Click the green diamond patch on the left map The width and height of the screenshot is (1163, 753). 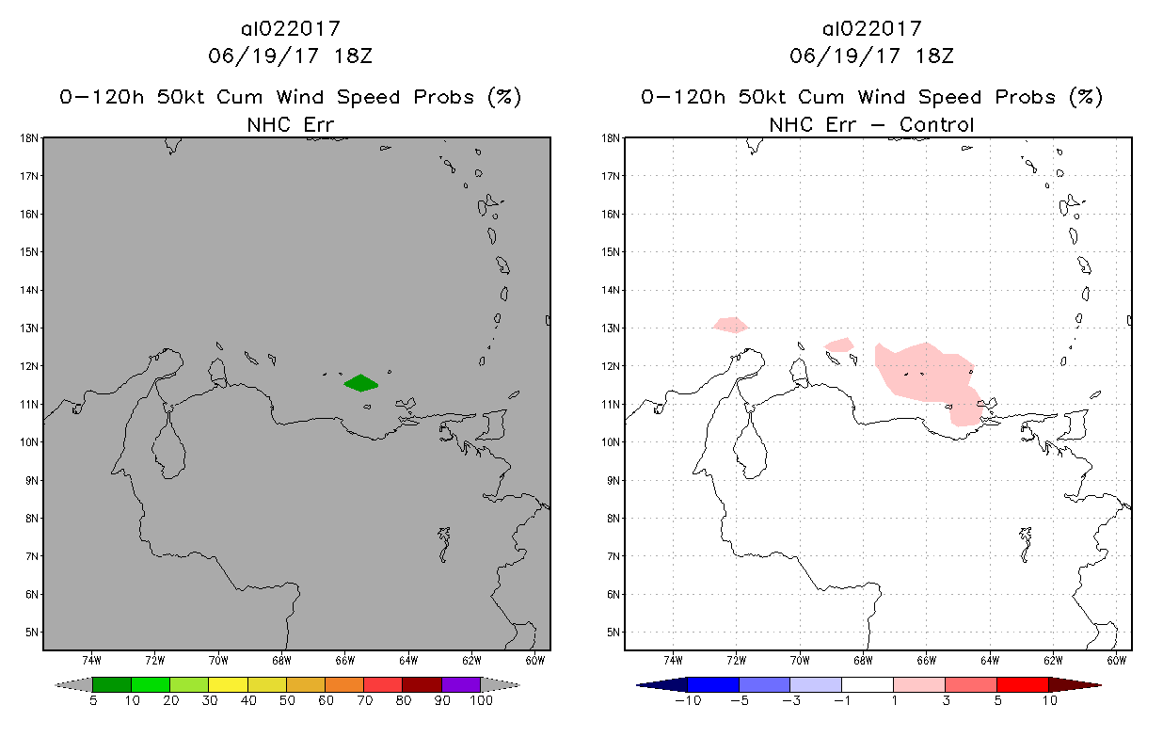360,382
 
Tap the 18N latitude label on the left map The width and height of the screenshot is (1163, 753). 29,137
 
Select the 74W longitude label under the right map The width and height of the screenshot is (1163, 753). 673,660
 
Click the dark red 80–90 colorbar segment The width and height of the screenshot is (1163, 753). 422,684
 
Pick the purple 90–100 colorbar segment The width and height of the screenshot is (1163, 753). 461,684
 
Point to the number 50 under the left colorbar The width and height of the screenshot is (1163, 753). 286,701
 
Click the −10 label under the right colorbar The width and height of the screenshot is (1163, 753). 688,701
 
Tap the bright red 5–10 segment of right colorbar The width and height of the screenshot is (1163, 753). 1022,684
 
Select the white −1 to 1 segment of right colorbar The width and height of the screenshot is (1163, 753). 867,684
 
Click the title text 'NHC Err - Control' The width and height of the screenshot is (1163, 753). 871,124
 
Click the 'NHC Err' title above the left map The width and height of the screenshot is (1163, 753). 291,124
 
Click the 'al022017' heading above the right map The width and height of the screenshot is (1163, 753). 871,28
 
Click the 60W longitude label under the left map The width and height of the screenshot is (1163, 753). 534,660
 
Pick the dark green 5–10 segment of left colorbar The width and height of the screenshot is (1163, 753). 112,684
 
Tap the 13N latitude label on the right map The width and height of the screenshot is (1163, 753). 611,328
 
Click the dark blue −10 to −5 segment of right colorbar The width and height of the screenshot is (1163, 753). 713,684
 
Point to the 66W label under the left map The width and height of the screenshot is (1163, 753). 344,660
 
